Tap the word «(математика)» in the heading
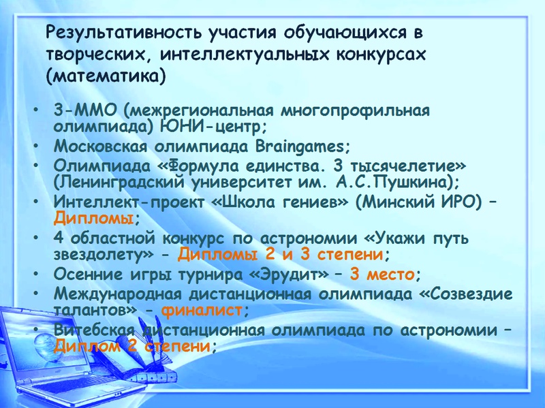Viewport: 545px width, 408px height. (106, 76)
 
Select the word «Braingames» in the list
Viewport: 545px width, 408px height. (299, 146)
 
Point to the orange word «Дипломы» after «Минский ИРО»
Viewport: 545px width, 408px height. (93, 219)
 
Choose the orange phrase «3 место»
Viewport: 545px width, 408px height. (382, 274)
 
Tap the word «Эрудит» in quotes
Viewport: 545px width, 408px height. (289, 274)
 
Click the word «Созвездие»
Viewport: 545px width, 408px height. (466, 294)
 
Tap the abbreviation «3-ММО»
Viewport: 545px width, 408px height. (85, 111)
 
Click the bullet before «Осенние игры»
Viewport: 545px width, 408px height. (36, 274)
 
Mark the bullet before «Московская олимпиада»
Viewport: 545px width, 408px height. (36, 146)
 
